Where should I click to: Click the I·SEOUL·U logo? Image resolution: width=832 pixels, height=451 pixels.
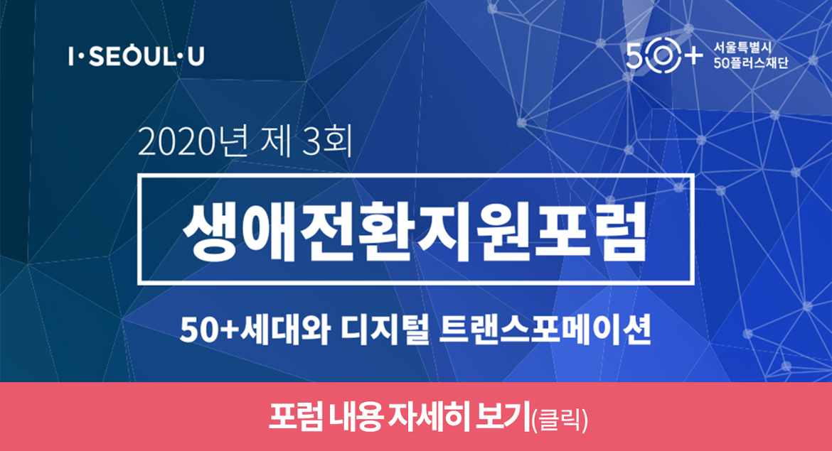click(137, 56)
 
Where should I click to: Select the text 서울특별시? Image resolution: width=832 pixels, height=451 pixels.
click(743, 48)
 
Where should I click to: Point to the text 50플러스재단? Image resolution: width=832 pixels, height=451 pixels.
click(751, 63)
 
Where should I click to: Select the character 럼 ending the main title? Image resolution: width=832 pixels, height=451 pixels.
click(618, 231)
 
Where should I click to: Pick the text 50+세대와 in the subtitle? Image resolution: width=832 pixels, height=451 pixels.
click(255, 330)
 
